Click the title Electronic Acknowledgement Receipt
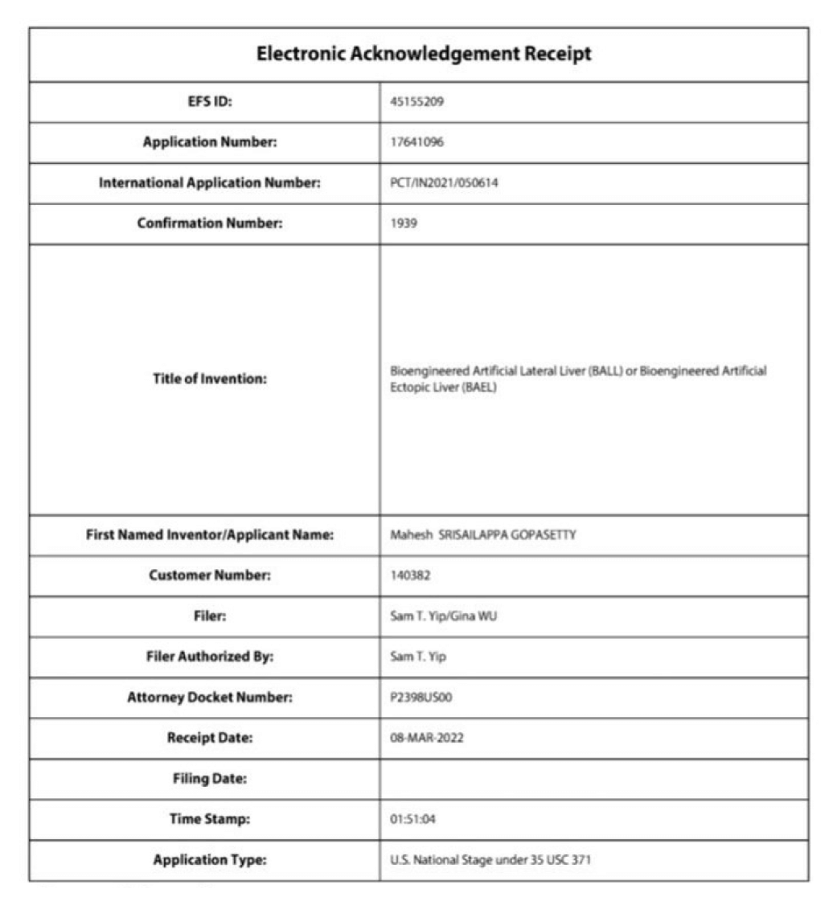click(x=424, y=55)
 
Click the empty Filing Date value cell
click(x=593, y=779)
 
